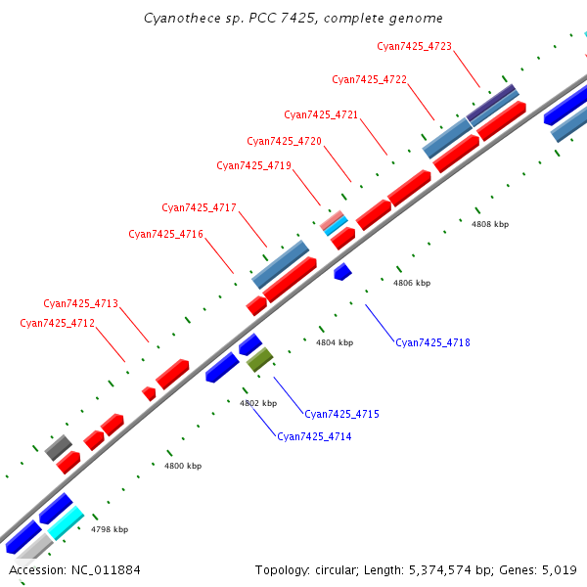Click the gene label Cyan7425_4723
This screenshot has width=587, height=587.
pos(414,46)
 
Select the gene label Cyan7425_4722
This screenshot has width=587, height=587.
pos(369,80)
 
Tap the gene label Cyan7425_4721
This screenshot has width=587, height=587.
pos(321,115)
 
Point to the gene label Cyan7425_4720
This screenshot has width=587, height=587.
pos(284,142)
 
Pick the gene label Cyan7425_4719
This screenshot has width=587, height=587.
pos(253,166)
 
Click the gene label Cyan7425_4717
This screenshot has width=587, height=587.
pos(199,207)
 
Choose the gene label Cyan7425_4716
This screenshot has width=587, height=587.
pos(165,234)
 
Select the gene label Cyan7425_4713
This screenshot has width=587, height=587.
pos(80,303)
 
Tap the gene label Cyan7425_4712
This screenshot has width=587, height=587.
pos(57,323)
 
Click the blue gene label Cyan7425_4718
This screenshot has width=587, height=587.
pos(432,342)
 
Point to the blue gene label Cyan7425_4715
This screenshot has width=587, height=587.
pos(341,414)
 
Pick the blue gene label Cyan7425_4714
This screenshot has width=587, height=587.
pos(314,436)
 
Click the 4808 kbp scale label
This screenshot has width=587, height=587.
pos(490,224)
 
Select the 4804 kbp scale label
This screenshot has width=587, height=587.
pos(335,342)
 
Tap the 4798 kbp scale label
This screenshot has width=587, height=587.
pos(110,529)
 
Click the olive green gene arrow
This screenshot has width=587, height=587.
pos(259,360)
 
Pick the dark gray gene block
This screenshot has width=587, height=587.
pos(59,447)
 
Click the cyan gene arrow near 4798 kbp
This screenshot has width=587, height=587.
pos(66,522)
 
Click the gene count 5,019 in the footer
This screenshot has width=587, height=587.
pos(557,569)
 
